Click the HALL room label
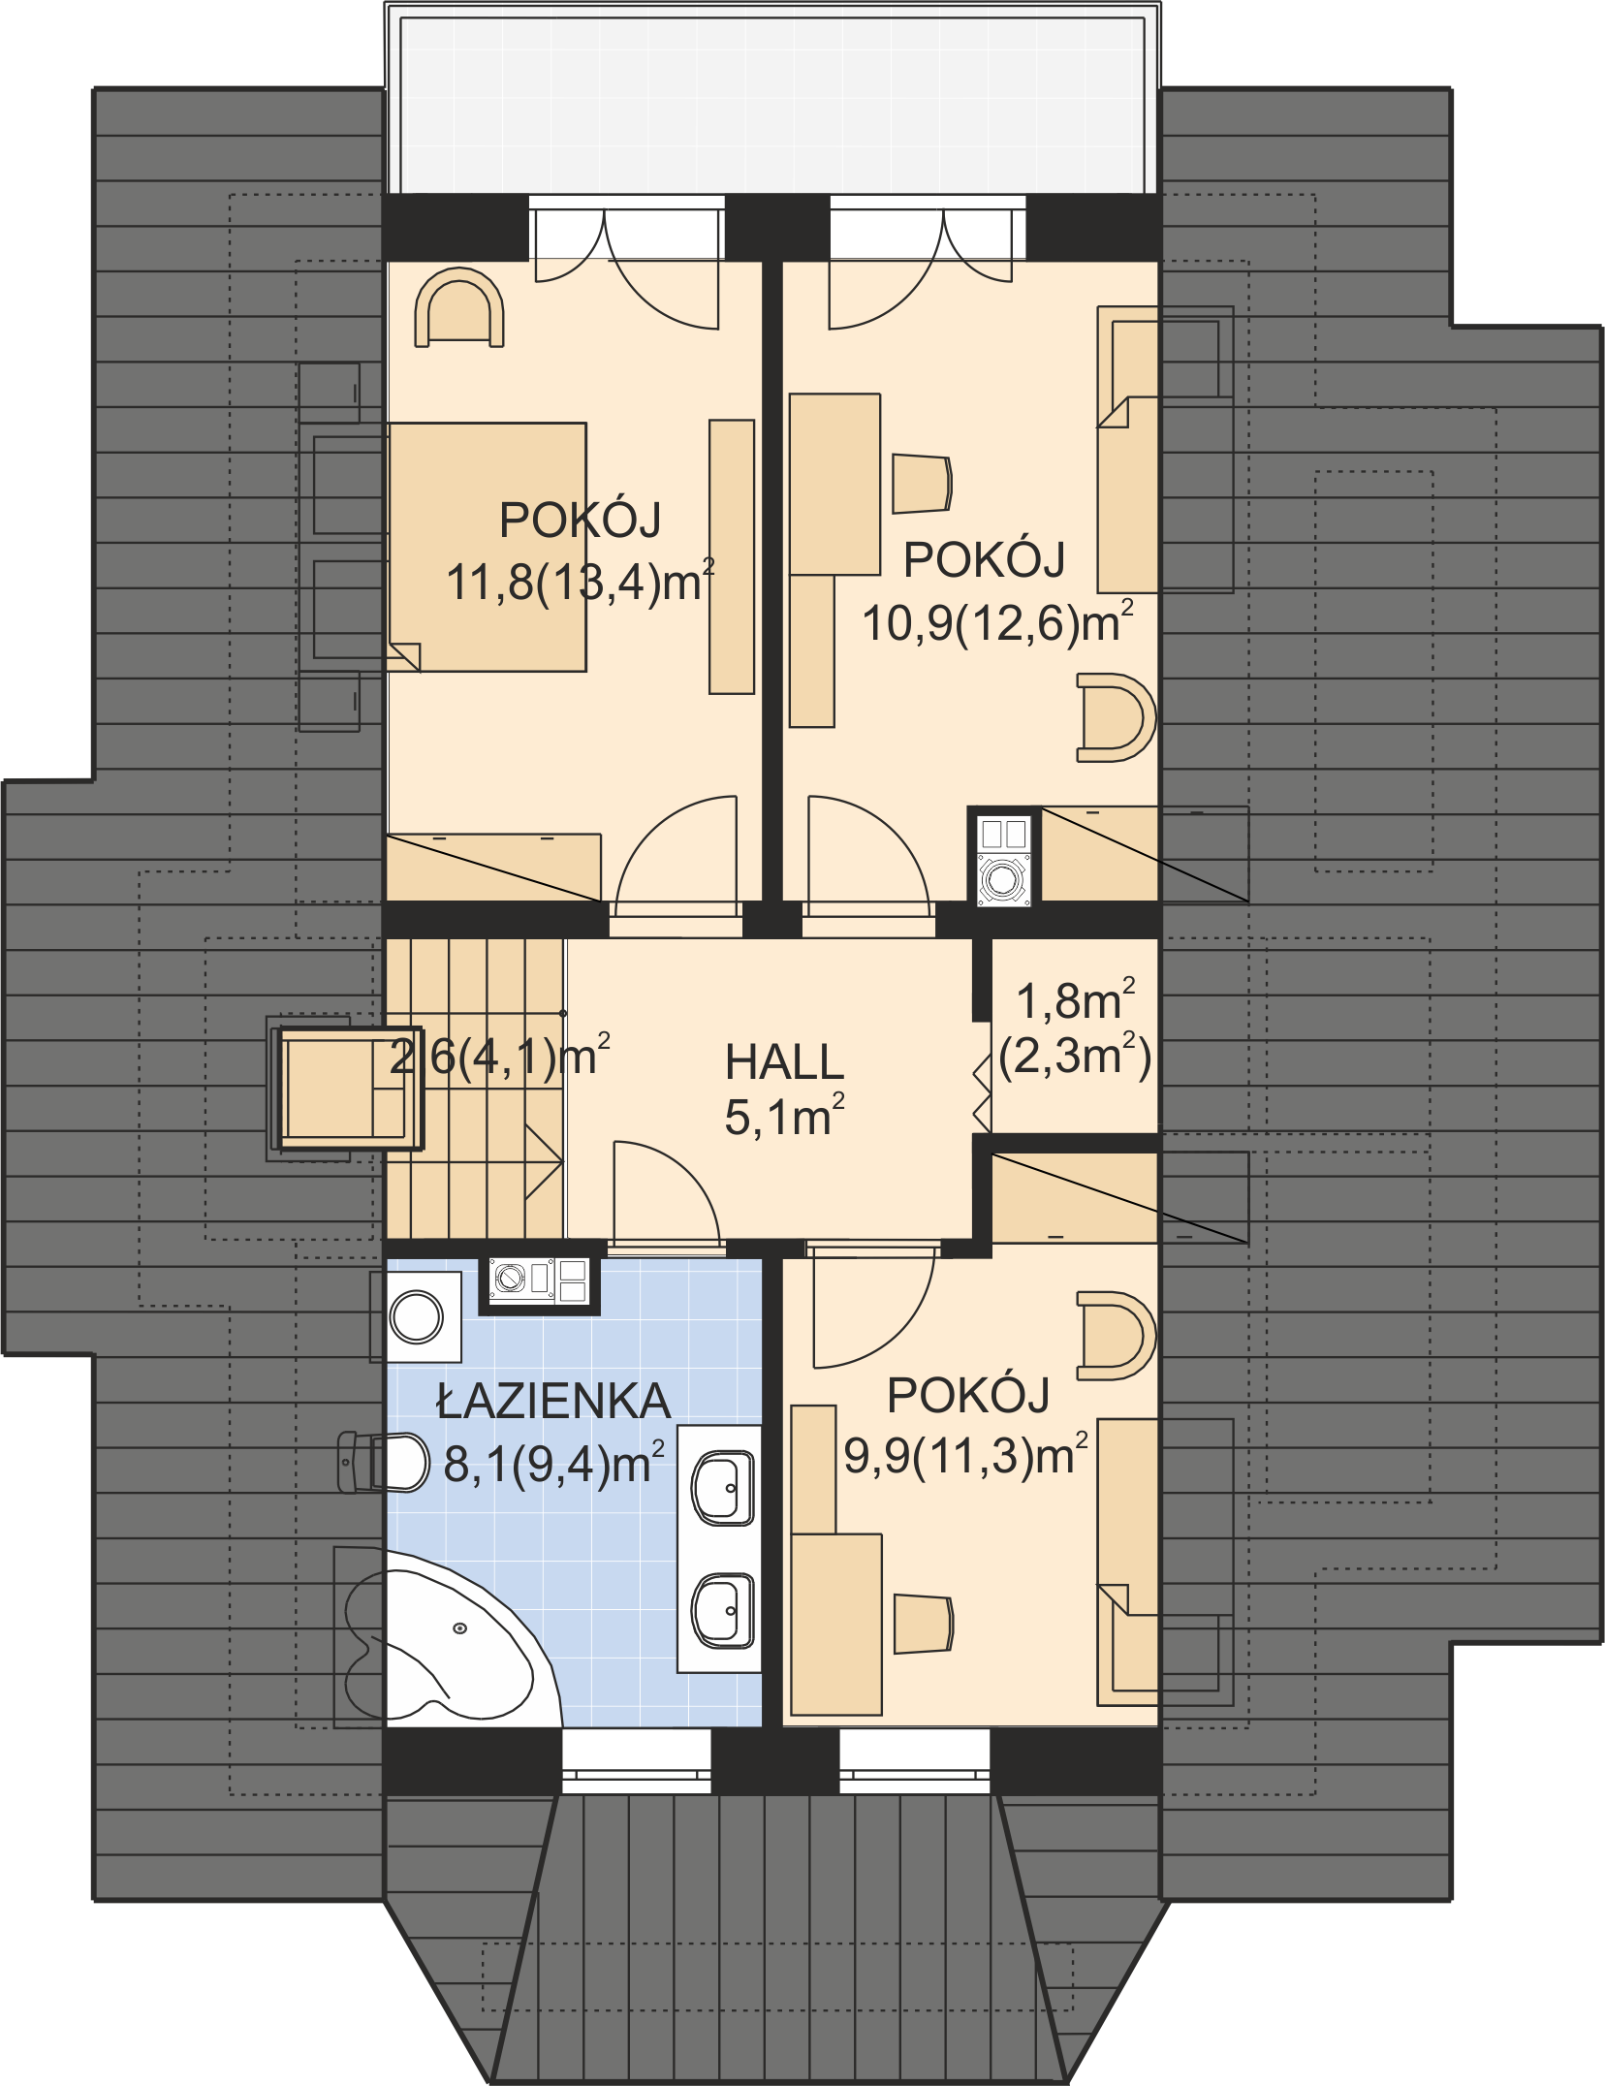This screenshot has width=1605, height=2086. [784, 1062]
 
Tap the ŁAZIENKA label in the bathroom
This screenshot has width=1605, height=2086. [552, 1402]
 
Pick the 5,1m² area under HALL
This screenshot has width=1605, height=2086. [784, 1117]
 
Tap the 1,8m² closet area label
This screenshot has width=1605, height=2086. [1075, 1000]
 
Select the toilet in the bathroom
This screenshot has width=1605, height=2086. [383, 1463]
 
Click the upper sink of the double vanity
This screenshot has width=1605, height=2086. [722, 1487]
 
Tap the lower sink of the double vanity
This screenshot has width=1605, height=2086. [722, 1610]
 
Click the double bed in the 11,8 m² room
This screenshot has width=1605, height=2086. [487, 547]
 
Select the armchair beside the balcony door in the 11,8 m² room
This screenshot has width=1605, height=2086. [459, 307]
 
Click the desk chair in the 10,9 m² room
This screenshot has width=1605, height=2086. [922, 483]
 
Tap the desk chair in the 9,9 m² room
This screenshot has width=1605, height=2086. [923, 1623]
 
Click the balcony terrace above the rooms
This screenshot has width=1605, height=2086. [772, 103]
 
